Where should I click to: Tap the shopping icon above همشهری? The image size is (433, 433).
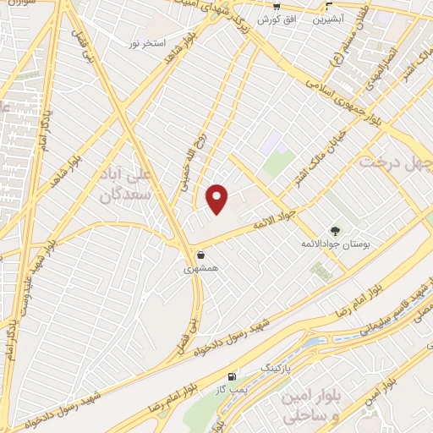pos(200,255)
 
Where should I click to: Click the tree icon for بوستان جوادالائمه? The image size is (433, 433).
pos(336,230)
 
